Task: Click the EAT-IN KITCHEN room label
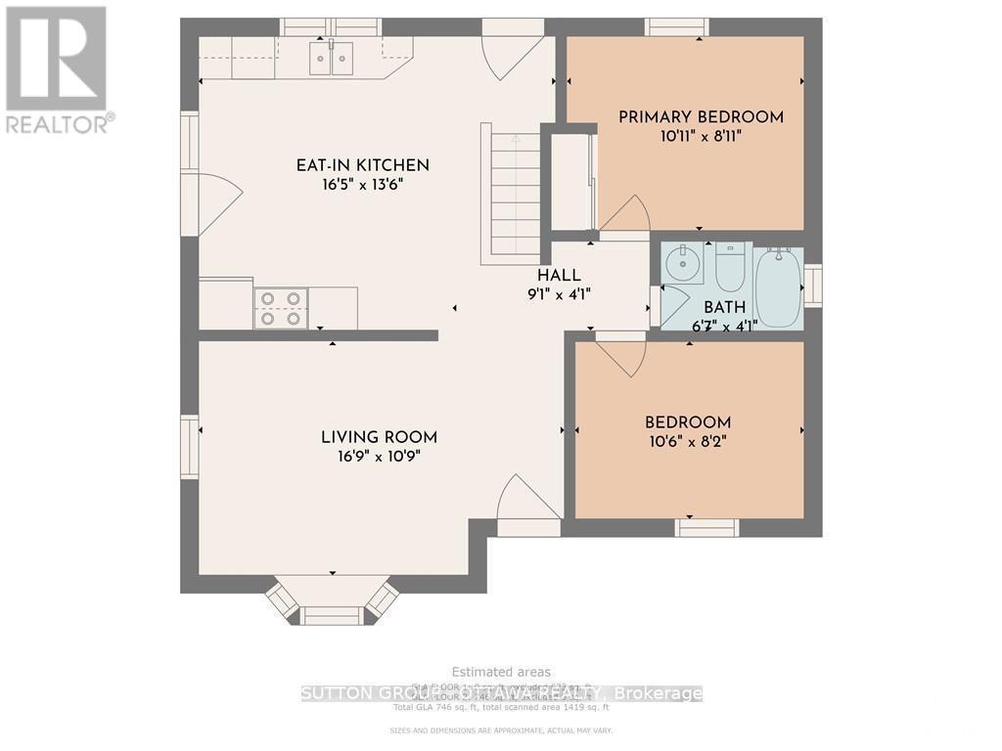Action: pos(363,165)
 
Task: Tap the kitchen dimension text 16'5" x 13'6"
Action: pos(363,186)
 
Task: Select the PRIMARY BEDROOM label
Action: pos(701,117)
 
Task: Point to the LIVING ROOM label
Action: pos(380,437)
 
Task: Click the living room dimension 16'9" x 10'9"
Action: pos(380,457)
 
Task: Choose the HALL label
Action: pos(559,276)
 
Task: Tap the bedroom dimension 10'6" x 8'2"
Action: pos(688,441)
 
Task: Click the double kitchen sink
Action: pos(331,59)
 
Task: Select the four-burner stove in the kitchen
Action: pos(281,308)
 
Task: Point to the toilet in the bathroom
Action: pos(731,266)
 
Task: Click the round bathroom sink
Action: pos(680,263)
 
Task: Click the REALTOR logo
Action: pos(57,68)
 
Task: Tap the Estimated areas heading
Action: pos(500,672)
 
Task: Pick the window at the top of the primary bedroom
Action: pos(677,26)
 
